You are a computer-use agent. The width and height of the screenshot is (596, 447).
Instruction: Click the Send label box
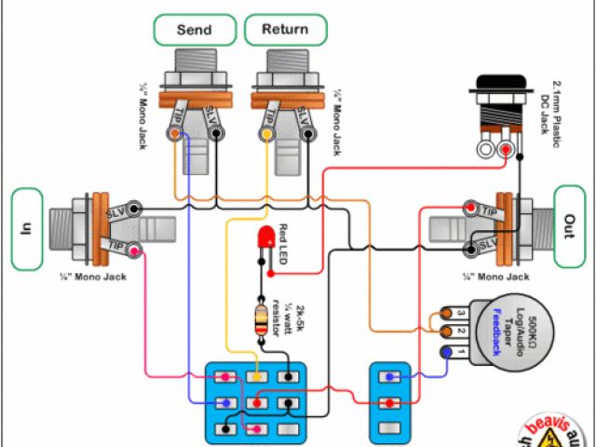click(x=193, y=29)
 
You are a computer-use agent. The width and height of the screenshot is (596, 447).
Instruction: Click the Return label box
click(x=285, y=29)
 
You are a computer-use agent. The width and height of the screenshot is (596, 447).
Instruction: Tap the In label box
click(x=27, y=229)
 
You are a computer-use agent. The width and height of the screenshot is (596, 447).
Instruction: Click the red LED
click(x=267, y=237)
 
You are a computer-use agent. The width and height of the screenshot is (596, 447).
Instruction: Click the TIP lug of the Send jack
click(x=176, y=133)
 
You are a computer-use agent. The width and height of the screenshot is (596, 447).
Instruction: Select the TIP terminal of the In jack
click(x=134, y=250)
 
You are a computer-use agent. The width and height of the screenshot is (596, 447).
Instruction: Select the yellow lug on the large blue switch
click(x=257, y=377)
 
